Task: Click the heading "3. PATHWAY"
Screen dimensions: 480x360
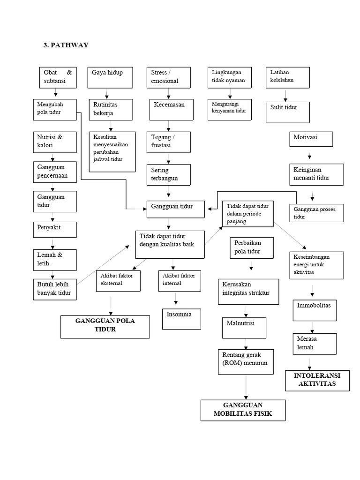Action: [x=66, y=45]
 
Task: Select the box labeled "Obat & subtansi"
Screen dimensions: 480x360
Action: [x=58, y=77]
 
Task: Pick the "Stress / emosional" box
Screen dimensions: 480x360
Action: [x=169, y=77]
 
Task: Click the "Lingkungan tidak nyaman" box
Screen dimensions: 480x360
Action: [x=228, y=77]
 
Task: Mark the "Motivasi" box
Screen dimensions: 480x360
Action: [x=311, y=139]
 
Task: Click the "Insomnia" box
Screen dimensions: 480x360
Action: [x=181, y=319]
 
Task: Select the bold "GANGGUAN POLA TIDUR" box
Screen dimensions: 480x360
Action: [x=105, y=327]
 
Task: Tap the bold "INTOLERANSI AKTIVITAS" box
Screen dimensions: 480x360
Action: [x=317, y=380]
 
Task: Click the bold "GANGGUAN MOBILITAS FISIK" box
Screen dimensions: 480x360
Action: [x=243, y=410]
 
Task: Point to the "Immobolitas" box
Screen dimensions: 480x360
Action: [x=314, y=310]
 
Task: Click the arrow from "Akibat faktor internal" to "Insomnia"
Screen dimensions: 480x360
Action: [x=176, y=298]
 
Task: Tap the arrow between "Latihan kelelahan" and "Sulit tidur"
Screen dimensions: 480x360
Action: [x=286, y=95]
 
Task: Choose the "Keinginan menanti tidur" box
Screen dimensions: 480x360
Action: [x=317, y=174]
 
